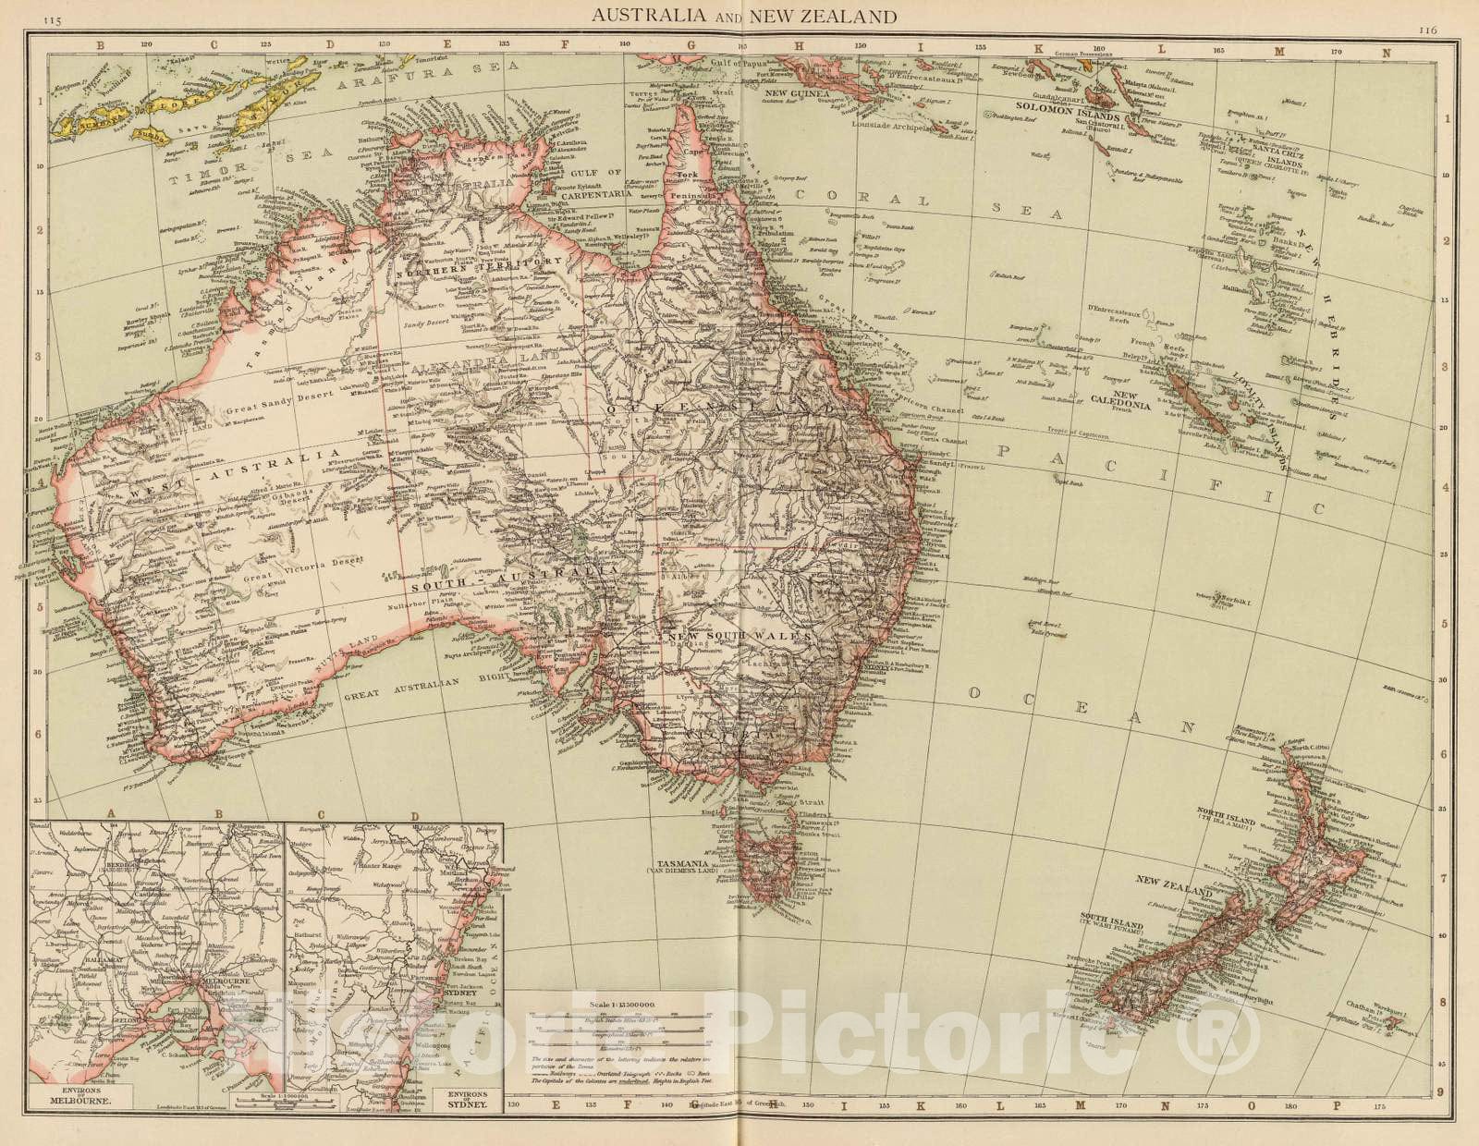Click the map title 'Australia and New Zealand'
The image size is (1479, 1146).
click(744, 16)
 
